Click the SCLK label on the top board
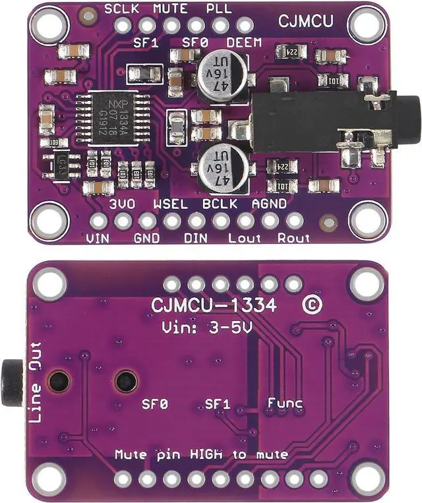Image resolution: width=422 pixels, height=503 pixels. pyautogui.click(x=123, y=9)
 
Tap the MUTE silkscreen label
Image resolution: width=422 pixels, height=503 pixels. pyautogui.click(x=170, y=9)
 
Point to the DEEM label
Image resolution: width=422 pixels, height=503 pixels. pyautogui.click(x=243, y=43)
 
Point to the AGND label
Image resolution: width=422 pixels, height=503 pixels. pyautogui.click(x=269, y=204)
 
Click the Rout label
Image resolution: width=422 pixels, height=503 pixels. pyautogui.click(x=293, y=237)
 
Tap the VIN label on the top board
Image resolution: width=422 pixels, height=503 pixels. pyautogui.click(x=98, y=237)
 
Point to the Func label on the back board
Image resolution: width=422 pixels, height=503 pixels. pyautogui.click(x=285, y=402)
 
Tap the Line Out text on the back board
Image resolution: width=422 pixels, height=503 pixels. pyautogui.click(x=35, y=382)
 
